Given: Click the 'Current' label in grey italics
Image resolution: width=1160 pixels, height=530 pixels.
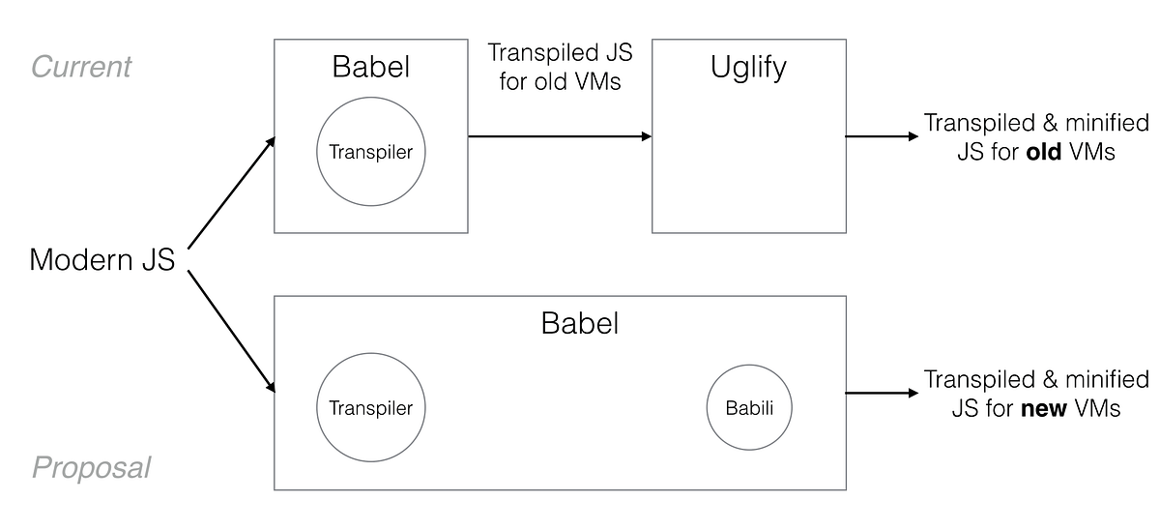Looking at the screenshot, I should pyautogui.click(x=81, y=67).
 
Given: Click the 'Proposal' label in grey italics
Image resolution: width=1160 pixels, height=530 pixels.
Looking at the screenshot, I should pyautogui.click(x=92, y=468).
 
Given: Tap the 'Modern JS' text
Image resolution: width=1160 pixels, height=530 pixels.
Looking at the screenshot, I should pyautogui.click(x=102, y=260).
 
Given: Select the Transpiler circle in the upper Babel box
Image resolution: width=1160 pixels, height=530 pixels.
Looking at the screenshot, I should pyautogui.click(x=371, y=152).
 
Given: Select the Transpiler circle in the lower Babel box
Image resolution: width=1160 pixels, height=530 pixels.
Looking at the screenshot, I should pyautogui.click(x=371, y=407).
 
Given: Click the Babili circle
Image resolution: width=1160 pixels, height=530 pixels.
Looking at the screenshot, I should pyautogui.click(x=750, y=407).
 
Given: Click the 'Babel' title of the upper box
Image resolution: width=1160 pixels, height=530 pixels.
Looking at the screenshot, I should pyautogui.click(x=371, y=67).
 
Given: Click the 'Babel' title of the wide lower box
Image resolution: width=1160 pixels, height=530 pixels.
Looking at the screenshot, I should pyautogui.click(x=579, y=322).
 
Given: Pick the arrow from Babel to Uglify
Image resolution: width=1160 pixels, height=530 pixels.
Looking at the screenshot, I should pyautogui.click(x=560, y=136).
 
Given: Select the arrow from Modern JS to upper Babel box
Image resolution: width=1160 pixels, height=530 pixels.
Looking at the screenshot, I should pyautogui.click(x=230, y=192).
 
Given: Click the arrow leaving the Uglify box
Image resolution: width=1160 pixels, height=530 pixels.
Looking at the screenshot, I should pyautogui.click(x=882, y=136).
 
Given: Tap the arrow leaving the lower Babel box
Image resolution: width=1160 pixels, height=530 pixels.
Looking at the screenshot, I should pyautogui.click(x=882, y=393).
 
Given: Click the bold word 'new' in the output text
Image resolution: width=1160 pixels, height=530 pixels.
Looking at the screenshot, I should pyautogui.click(x=1043, y=408).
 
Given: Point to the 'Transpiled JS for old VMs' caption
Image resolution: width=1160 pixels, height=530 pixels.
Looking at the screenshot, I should pyautogui.click(x=560, y=67).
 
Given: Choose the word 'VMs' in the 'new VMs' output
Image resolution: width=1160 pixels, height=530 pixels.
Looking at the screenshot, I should pyautogui.click(x=1096, y=408).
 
